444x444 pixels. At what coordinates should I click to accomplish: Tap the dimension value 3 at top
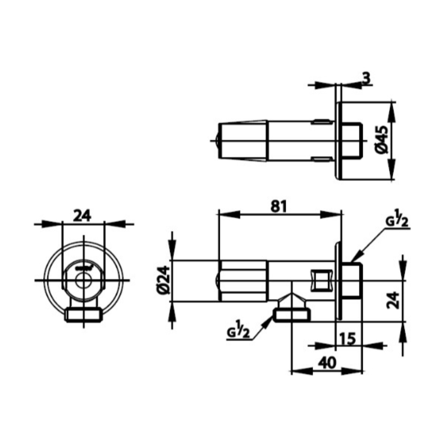366,78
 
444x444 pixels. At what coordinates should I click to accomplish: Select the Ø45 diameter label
382,140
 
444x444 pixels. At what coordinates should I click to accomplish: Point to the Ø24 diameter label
164,281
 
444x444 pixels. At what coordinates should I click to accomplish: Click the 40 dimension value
327,363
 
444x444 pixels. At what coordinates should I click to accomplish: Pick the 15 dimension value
347,338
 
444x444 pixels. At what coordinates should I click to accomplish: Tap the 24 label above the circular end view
83,216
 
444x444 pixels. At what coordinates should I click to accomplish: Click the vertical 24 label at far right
393,300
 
